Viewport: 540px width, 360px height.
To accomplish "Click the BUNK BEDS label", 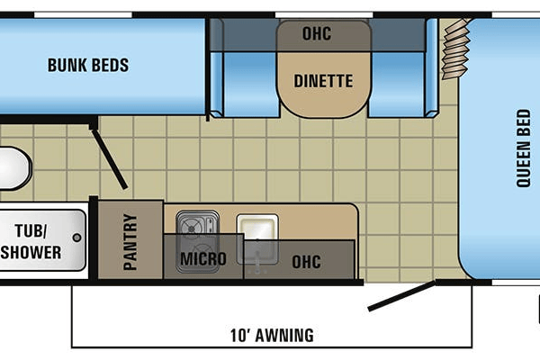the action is tap(88, 65).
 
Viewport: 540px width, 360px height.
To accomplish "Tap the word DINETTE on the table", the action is tap(323, 81).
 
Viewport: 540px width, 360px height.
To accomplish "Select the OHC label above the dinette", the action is tap(317, 33).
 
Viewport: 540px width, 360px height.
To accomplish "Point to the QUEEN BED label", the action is tap(523, 148).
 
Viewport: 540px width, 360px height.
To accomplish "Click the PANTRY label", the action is tap(130, 242).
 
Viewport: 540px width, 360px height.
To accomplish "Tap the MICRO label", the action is tap(203, 259).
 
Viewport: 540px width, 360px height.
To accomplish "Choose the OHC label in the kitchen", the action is tap(307, 262).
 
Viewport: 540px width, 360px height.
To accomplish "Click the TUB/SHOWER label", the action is tap(31, 241).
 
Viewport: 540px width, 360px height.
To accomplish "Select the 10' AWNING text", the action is tap(272, 335).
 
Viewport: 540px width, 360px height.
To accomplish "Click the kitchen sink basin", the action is tap(257, 228).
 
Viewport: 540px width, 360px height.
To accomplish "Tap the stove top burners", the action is tap(197, 241).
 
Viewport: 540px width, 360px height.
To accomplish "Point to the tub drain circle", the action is tap(77, 238).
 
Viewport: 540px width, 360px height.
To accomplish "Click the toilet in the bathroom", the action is tap(15, 168).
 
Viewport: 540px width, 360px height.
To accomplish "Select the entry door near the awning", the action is tap(401, 295).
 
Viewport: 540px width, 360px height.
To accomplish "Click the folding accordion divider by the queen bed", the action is tap(455, 49).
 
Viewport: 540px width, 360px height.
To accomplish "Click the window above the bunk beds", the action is tap(83, 14).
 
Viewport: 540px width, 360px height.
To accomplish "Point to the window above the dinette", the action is tap(324, 14).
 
